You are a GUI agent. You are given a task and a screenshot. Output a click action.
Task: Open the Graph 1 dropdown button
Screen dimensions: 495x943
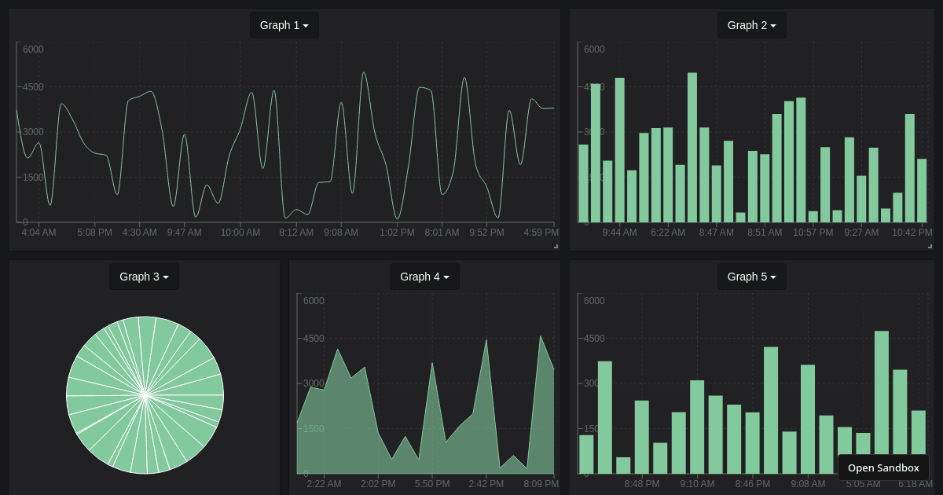pos(284,25)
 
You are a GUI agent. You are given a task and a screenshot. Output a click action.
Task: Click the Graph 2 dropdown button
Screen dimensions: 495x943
pos(751,25)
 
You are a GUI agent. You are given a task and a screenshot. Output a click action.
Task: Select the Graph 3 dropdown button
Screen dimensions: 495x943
pos(144,277)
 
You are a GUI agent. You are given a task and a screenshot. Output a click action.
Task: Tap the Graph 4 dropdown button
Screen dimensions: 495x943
pos(424,277)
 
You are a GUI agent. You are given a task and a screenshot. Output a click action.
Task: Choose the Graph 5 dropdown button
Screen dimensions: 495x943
pos(751,277)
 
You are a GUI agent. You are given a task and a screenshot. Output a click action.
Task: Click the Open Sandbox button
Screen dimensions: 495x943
pos(882,467)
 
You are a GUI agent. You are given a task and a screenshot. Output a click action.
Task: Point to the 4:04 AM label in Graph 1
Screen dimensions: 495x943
pos(39,233)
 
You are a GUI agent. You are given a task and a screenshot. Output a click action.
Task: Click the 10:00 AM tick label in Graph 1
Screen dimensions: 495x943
pos(240,233)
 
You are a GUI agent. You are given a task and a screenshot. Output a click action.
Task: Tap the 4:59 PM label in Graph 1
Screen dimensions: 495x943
pos(541,233)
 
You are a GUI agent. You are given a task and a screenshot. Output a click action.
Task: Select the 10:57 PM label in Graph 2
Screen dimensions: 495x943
pos(813,233)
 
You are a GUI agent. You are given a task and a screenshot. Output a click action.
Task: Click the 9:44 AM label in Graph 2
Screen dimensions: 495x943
pos(619,233)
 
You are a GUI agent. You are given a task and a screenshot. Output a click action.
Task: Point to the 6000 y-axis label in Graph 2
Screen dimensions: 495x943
pos(594,49)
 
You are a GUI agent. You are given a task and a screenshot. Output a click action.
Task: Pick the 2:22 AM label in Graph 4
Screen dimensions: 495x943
pos(324,484)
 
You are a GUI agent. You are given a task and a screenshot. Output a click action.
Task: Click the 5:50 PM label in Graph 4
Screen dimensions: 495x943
pos(432,484)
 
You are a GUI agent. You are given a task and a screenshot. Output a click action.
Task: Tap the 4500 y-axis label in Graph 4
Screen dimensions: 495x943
pos(314,339)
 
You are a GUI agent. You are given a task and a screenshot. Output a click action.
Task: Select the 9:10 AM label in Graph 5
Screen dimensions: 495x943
pos(697,484)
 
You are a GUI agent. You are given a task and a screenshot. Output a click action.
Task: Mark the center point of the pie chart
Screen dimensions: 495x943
pos(145,395)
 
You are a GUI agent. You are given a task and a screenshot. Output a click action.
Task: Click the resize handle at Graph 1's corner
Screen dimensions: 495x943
pos(556,246)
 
